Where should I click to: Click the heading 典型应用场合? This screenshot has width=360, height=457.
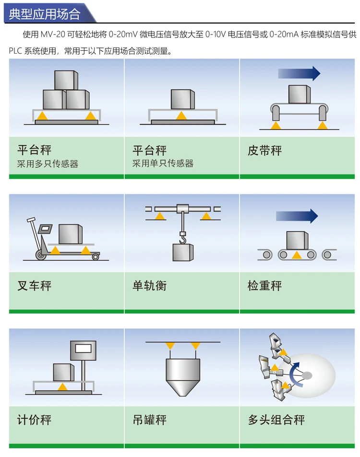44,13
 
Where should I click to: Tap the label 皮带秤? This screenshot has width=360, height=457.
264,151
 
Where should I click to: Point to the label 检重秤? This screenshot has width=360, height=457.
264,286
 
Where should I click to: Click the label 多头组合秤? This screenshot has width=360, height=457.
276,421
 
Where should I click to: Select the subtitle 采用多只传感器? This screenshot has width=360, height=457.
48,164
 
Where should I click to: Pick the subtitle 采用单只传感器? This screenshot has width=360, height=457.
163,164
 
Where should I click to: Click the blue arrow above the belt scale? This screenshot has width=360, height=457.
299,73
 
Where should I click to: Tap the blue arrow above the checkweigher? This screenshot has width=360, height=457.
297,216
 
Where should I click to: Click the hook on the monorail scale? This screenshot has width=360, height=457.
182,236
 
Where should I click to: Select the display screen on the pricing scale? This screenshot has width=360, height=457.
84,349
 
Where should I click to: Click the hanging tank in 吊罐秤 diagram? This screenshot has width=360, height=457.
182,375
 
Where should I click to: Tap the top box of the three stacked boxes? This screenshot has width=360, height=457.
65,80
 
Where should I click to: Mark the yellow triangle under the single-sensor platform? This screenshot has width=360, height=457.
181,115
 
